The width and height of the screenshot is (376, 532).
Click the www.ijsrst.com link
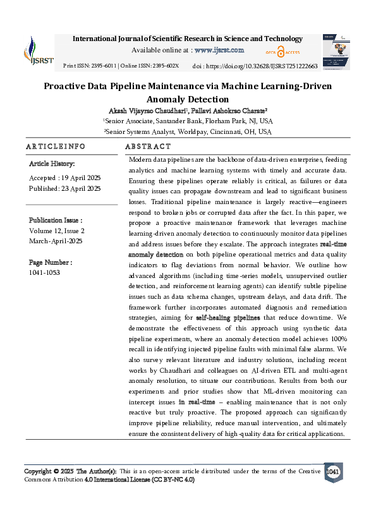[x=219, y=50]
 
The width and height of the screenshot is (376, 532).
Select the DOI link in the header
[x=263, y=66]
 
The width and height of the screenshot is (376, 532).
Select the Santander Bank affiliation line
[x=188, y=121]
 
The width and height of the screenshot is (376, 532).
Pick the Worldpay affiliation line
[x=188, y=131]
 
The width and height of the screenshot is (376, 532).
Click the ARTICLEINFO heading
[x=56, y=147]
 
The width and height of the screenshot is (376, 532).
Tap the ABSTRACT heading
[x=149, y=147]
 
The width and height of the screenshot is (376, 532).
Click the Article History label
[x=52, y=164]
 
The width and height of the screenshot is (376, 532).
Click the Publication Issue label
[x=56, y=221]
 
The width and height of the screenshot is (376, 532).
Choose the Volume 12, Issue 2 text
[x=57, y=231]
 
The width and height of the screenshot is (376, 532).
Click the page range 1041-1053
[x=45, y=272]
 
